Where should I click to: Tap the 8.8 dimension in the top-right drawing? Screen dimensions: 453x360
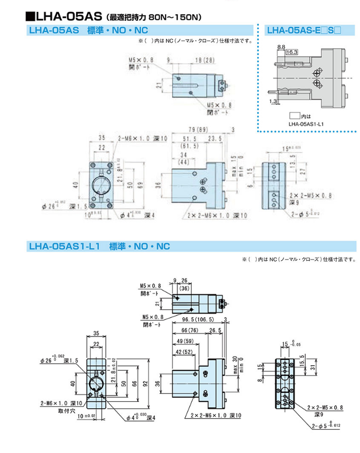281,47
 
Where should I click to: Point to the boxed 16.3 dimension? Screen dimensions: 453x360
292,53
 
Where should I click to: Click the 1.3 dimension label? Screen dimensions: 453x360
273,101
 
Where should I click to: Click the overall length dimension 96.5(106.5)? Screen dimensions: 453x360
198,319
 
